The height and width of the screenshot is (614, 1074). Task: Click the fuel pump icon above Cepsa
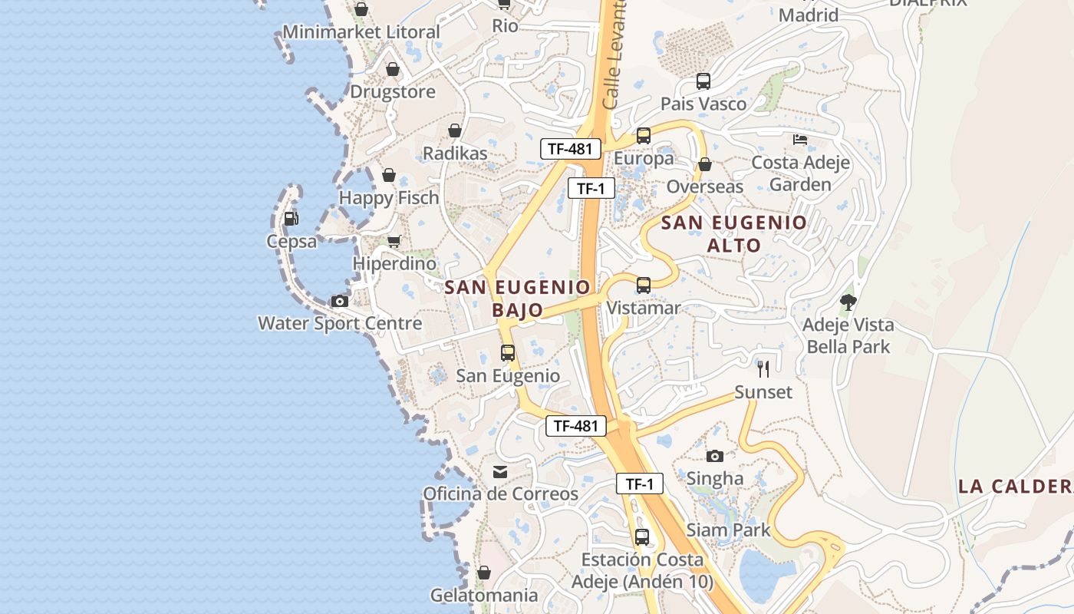tap(291, 219)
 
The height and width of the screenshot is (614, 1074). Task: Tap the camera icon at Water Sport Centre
tap(339, 301)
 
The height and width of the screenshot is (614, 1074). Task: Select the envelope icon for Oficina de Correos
tap(500, 471)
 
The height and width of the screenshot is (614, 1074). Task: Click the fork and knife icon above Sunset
tap(763, 369)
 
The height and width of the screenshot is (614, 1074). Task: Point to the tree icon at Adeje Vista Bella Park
tap(848, 302)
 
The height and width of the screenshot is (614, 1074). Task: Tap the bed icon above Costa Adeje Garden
tap(800, 140)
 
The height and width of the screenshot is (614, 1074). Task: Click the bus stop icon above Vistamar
tap(644, 286)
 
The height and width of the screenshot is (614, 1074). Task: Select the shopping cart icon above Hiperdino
tap(394, 242)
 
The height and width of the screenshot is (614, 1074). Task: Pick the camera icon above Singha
tap(715, 456)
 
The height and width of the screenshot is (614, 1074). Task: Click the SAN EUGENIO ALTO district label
tap(734, 234)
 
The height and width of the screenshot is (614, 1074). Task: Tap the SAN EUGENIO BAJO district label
tap(518, 299)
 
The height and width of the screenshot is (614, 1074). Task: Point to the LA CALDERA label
tap(1015, 486)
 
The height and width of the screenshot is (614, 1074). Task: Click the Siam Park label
tap(728, 530)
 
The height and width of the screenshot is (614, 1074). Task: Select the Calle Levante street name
tap(614, 54)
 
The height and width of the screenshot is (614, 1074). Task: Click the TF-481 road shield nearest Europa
tap(570, 149)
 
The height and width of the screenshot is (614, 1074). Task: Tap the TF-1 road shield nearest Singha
tap(639, 484)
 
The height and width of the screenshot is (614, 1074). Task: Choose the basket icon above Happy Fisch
tap(389, 175)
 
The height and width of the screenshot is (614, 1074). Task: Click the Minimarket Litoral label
tap(361, 32)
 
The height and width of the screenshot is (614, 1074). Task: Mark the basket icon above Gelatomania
tap(483, 573)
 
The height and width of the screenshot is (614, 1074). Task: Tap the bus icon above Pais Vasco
tap(703, 81)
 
